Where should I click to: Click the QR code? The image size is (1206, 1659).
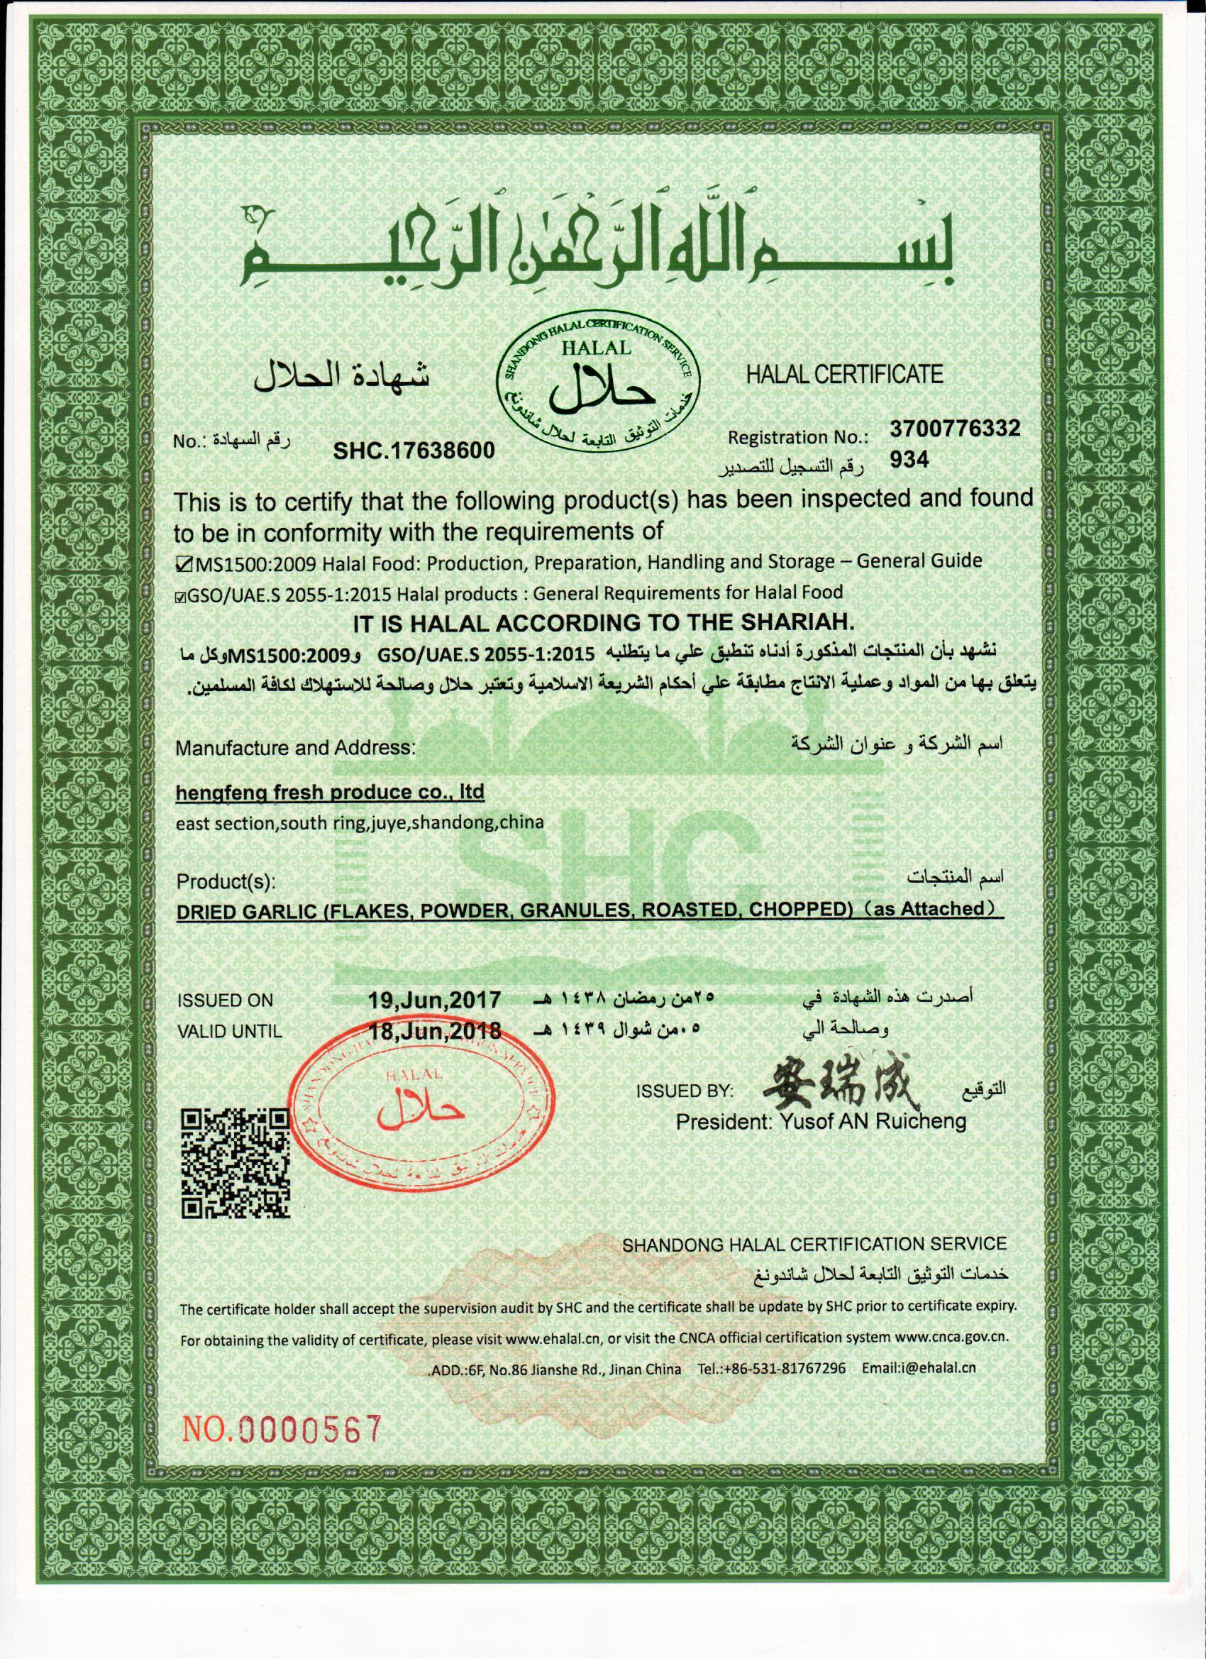(x=235, y=1162)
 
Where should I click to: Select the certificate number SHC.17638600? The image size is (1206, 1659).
(x=414, y=451)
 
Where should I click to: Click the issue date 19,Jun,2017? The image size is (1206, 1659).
(x=435, y=999)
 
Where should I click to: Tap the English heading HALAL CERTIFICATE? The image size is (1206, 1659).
(x=844, y=375)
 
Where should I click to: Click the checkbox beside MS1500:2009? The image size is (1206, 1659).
(x=184, y=562)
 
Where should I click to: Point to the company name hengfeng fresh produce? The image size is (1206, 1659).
(x=331, y=793)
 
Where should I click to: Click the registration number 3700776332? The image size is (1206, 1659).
(x=954, y=429)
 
